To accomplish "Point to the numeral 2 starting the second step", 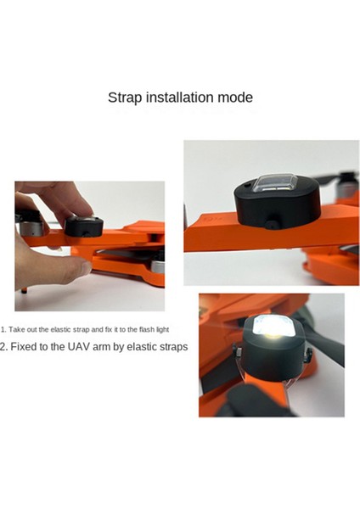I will click(x=3, y=347).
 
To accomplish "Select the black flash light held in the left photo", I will click(x=84, y=227).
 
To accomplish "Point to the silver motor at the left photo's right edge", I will click(x=158, y=274).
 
